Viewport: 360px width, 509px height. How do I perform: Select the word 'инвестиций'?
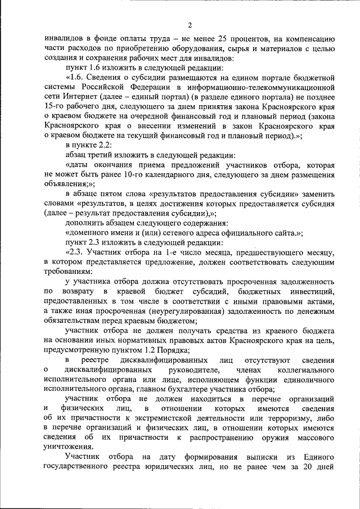312,291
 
